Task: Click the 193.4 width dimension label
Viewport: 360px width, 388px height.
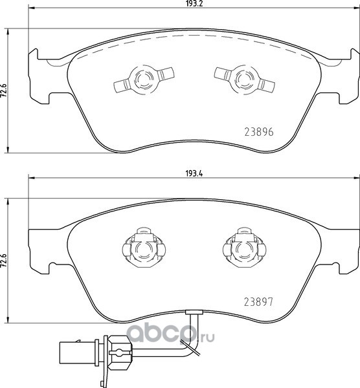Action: point(194,174)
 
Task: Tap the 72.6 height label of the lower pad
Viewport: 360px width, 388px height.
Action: point(5,261)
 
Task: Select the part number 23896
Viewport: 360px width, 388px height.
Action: point(259,132)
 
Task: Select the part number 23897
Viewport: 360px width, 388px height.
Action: point(258,301)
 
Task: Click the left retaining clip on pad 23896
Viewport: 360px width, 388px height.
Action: point(144,79)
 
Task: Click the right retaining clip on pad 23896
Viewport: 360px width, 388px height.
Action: point(244,79)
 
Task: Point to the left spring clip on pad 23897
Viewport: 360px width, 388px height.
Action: point(144,248)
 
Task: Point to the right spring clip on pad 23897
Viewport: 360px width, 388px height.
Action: point(244,248)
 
